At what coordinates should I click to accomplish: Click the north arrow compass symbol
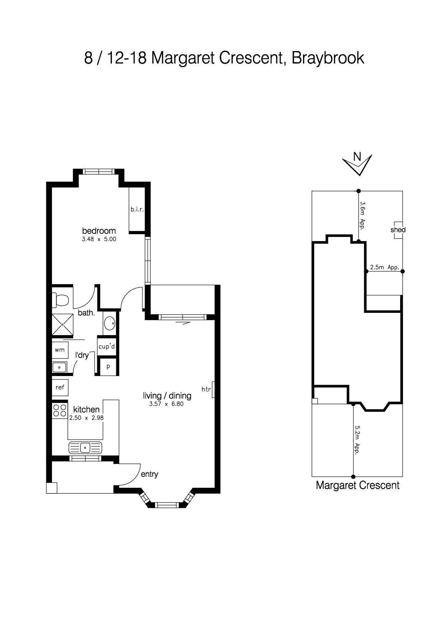tap(357, 165)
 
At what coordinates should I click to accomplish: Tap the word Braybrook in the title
tap(328, 58)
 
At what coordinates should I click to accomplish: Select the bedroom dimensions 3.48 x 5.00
tap(99, 239)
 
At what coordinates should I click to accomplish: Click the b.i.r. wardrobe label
tap(137, 209)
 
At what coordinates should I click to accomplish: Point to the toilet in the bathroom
tap(60, 300)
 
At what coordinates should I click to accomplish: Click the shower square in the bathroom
tap(62, 325)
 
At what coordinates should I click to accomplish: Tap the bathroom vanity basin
tap(109, 324)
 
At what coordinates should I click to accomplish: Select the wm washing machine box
tap(60, 349)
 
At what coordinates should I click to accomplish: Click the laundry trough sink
tap(59, 367)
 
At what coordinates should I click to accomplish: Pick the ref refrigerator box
tap(60, 387)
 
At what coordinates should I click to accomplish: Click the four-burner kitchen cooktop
tap(60, 411)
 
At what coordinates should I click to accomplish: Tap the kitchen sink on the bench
tap(85, 448)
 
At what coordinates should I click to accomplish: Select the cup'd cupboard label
tap(107, 347)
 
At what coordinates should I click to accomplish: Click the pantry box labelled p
tap(108, 367)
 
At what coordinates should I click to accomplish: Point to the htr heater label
tap(206, 389)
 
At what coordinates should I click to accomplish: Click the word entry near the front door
tap(149, 474)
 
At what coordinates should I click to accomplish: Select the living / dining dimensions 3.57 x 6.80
tap(167, 404)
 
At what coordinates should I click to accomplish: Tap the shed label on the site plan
tap(398, 230)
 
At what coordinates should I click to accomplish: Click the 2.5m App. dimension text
tap(385, 267)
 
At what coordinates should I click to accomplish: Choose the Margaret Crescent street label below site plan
tap(357, 485)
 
